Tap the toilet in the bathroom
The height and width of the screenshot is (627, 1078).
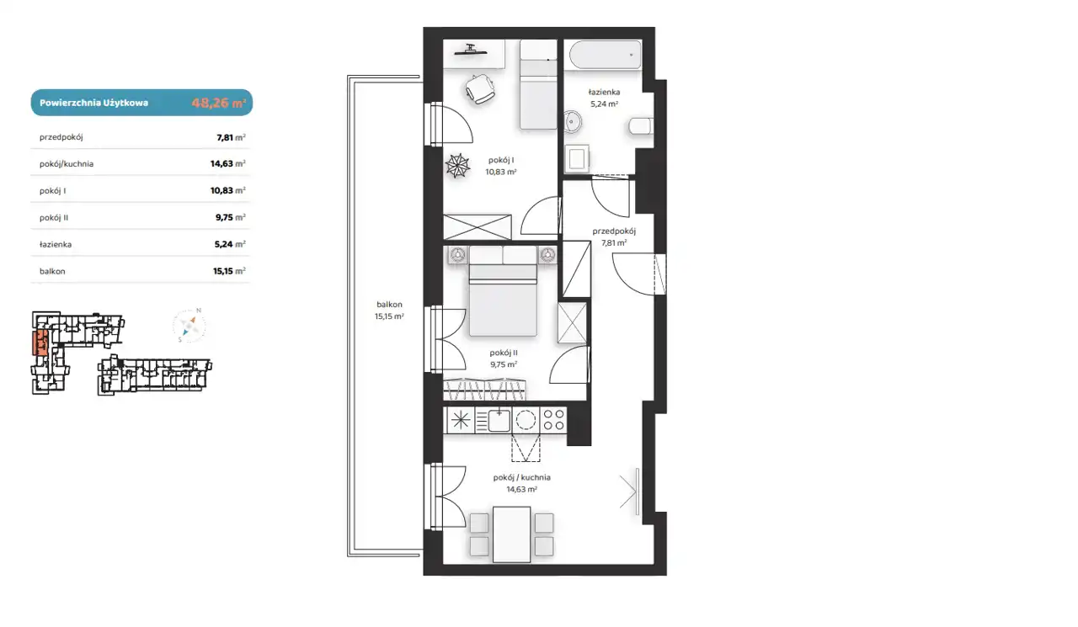(641, 126)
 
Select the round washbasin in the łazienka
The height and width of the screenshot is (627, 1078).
(572, 122)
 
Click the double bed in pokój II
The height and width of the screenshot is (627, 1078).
(503, 291)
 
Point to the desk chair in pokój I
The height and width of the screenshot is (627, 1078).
(480, 89)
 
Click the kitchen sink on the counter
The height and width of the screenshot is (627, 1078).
(499, 421)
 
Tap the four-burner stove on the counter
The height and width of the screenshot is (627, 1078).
(553, 420)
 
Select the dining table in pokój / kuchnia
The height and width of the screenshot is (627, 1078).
(511, 534)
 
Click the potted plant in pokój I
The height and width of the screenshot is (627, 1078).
(457, 166)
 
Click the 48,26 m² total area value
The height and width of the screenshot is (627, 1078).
(218, 103)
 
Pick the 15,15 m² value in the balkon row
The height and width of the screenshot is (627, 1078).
(229, 271)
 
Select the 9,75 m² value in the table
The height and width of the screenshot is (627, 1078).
(231, 217)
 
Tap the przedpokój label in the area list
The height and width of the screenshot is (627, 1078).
(61, 137)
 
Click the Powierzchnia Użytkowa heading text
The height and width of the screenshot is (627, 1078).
(93, 103)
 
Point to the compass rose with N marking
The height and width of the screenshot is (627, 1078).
(189, 326)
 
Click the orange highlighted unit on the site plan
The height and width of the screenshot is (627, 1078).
(40, 343)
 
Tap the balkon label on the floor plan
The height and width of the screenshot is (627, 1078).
(389, 305)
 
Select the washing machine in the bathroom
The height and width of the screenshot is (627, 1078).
(577, 158)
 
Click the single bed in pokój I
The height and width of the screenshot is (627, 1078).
(538, 85)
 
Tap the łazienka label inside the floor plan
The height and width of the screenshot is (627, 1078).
(604, 92)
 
